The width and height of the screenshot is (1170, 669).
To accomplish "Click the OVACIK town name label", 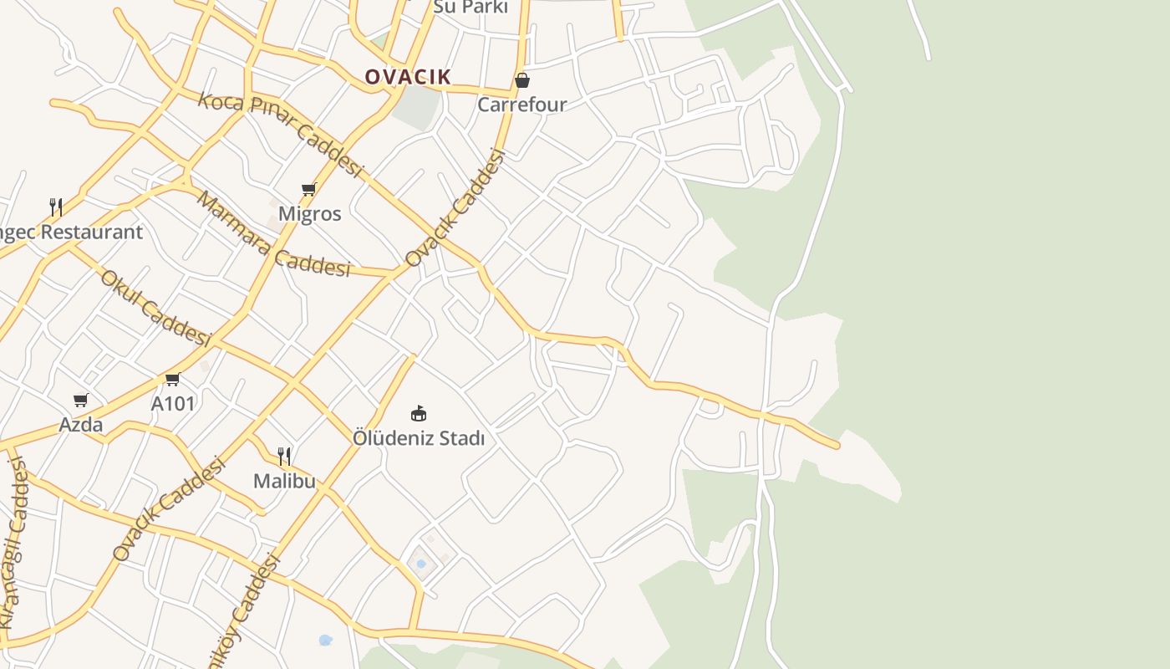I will [x=408, y=77].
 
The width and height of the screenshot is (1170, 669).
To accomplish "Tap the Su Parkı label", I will [x=471, y=7].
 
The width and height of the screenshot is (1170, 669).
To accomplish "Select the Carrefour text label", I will [x=521, y=105].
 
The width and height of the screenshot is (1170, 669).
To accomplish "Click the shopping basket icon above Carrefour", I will [x=522, y=80].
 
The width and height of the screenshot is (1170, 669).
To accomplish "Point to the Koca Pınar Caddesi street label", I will [x=281, y=134].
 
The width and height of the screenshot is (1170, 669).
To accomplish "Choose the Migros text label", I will [x=309, y=213].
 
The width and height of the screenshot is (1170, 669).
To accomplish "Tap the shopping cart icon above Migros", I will [x=309, y=190].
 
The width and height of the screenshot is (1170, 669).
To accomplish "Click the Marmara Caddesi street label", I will [x=272, y=235].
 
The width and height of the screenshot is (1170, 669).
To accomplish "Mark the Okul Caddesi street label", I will [x=155, y=308].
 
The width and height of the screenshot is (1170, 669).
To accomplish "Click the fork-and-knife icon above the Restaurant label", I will [x=56, y=207].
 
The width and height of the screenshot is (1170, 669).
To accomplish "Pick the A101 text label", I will [x=173, y=404].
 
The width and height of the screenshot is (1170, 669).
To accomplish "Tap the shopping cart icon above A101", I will [x=173, y=380].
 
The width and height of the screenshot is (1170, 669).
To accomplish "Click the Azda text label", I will [x=81, y=425].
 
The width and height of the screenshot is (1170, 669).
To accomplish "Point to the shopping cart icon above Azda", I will [x=81, y=401].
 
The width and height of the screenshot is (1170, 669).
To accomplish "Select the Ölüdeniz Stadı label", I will [x=419, y=438].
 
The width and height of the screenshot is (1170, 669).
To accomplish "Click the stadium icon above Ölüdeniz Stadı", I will [x=419, y=413].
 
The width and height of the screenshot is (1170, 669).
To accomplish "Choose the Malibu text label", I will [x=285, y=481].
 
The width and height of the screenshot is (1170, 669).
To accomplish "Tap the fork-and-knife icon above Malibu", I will [x=285, y=456].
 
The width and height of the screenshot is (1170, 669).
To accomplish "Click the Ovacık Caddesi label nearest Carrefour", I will [x=455, y=208].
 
